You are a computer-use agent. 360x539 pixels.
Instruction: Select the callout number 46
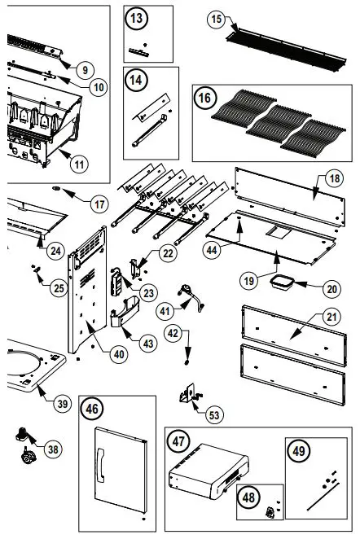(91, 410)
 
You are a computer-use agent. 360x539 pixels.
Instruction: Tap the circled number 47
(178, 441)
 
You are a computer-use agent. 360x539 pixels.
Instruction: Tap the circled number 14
(137, 81)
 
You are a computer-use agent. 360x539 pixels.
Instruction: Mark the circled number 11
(79, 163)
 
